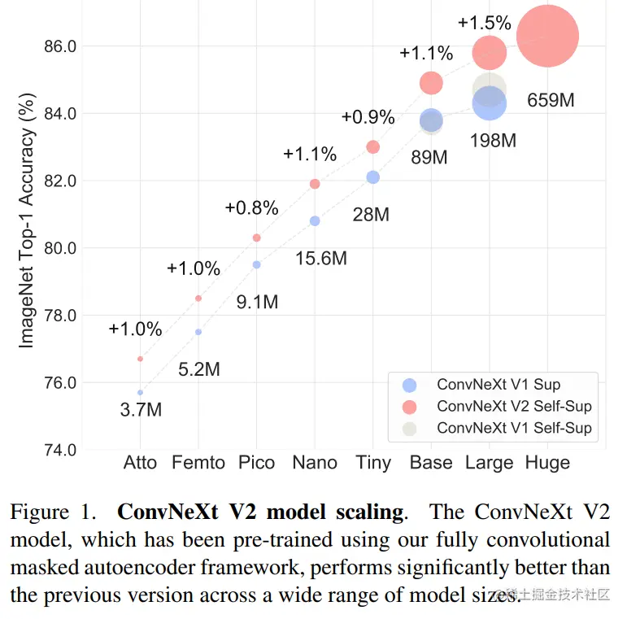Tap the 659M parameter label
(551, 101)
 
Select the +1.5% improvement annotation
(485, 23)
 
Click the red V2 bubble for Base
(431, 83)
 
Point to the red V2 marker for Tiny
(372, 147)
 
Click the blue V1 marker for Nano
(315, 221)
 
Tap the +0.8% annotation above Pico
(252, 207)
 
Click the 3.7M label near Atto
(141, 410)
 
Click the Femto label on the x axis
(198, 463)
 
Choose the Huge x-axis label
(547, 463)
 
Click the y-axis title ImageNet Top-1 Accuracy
(27, 227)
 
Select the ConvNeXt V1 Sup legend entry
(498, 385)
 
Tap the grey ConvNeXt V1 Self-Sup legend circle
(410, 428)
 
